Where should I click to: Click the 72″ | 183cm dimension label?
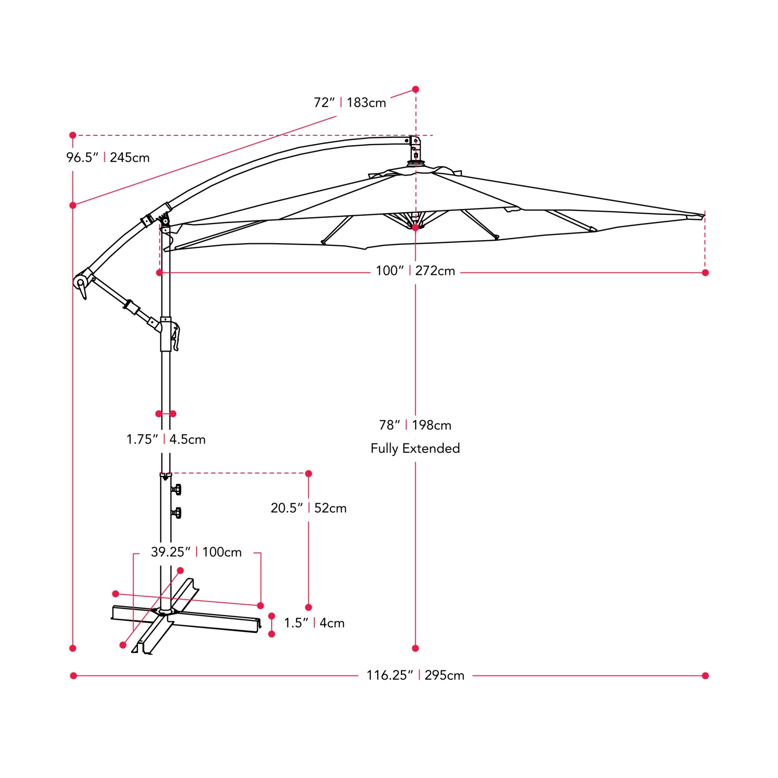click(350, 103)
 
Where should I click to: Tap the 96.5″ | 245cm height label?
click(108, 157)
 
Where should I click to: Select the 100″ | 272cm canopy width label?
click(415, 271)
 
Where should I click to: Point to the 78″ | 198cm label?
click(415, 425)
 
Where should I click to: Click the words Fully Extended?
click(415, 448)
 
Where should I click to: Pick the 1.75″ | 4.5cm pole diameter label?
click(166, 439)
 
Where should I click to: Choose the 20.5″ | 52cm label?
click(309, 508)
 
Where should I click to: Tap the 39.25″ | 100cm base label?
click(196, 552)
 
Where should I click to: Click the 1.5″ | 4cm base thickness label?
click(314, 623)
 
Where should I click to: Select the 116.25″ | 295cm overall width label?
click(415, 675)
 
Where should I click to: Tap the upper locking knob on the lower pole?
click(176, 489)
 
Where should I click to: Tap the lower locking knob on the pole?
click(176, 513)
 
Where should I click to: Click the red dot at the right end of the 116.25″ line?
click(705, 675)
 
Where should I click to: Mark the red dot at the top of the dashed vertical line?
click(415, 90)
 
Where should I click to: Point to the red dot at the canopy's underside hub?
click(415, 227)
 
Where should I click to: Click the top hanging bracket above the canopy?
click(415, 149)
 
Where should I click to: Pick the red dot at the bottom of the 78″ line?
click(415, 648)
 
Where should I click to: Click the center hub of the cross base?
click(165, 612)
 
